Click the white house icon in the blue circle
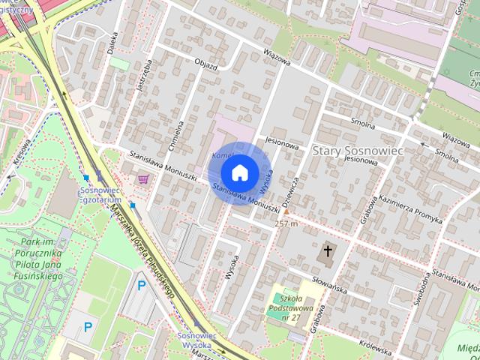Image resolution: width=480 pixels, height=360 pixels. coord(239,172)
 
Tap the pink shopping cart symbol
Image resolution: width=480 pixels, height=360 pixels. coord(142,178)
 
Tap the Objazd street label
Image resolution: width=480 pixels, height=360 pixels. coord(205,66)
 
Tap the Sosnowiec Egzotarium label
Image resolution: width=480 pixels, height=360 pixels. coord(100,196)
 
